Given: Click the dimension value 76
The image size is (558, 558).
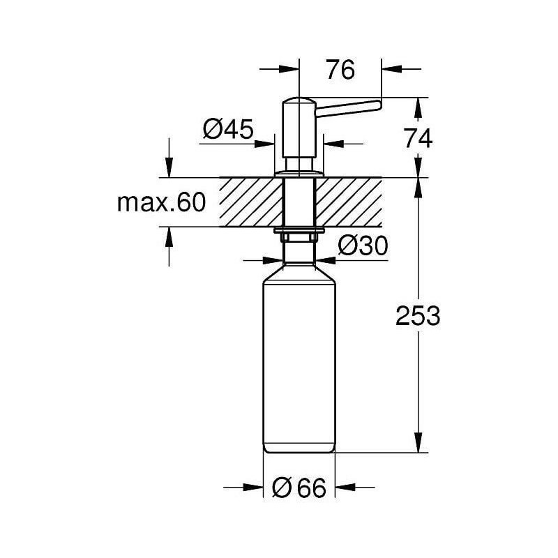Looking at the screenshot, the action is (340, 70).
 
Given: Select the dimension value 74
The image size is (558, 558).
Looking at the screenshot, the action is (418, 138).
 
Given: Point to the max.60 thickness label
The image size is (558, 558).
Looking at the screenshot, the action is (162, 202).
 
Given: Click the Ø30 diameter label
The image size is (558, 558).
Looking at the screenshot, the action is (363, 246).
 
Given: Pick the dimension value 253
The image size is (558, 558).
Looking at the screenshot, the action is (418, 316).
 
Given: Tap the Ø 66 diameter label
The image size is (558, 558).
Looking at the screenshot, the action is (299, 488).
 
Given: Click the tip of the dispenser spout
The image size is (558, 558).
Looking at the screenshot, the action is (379, 105).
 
